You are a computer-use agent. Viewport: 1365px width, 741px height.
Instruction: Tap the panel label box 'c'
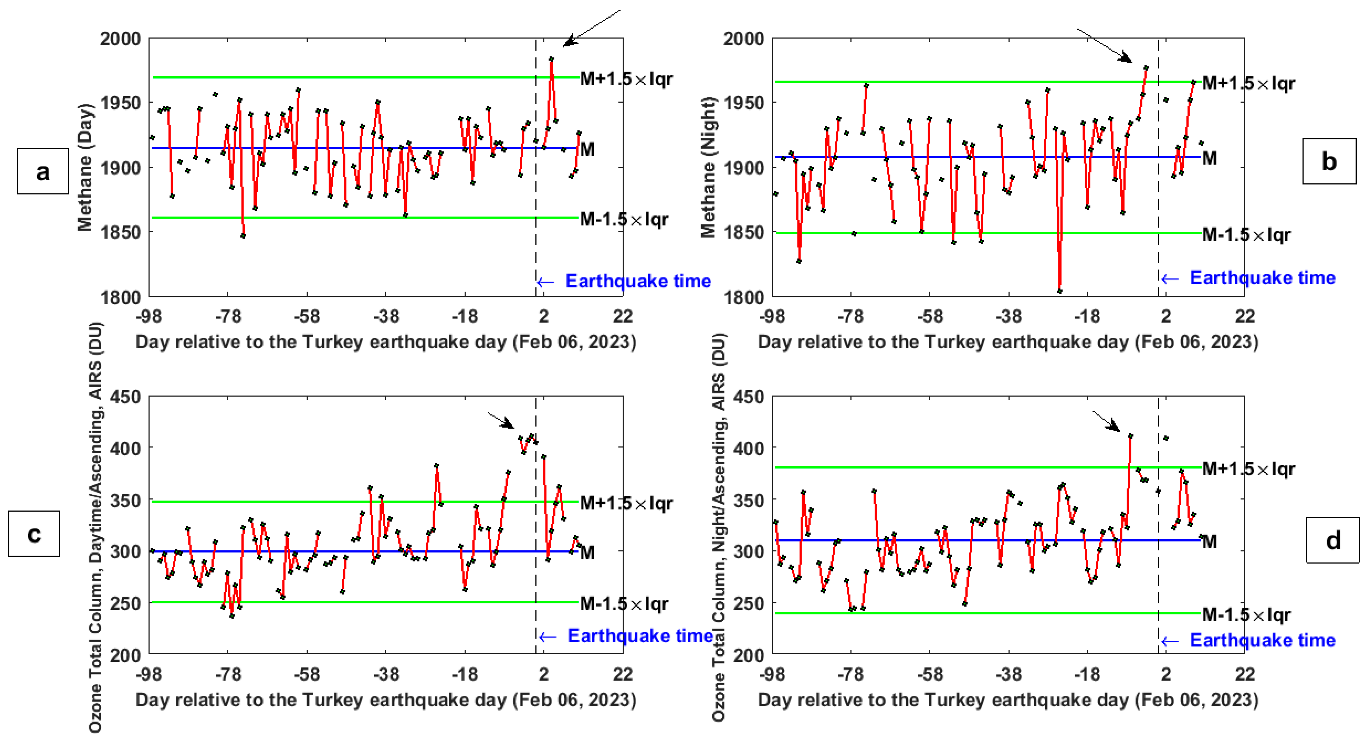click(34, 533)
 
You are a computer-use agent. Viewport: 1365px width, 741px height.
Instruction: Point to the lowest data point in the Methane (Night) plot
click(1060, 291)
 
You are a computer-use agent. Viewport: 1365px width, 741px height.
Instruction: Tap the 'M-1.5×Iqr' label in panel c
click(624, 603)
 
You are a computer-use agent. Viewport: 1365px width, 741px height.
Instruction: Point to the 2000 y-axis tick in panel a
click(120, 39)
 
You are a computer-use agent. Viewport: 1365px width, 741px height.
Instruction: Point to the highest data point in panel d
click(1130, 436)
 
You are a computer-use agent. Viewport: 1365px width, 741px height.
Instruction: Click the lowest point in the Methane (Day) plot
click(243, 236)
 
